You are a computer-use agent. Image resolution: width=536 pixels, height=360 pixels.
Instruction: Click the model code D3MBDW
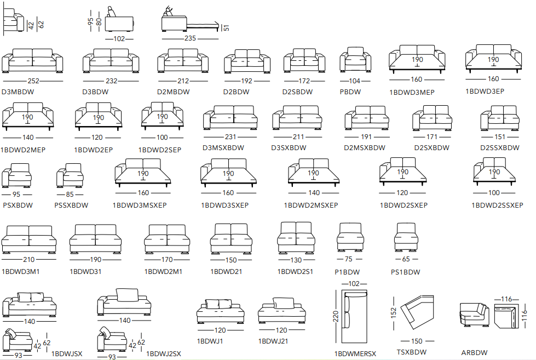pyautogui.click(x=18, y=92)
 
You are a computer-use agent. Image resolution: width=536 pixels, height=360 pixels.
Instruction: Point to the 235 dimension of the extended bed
pyautogui.click(x=190, y=38)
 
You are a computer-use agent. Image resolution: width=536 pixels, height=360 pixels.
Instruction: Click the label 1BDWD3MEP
pyautogui.click(x=412, y=93)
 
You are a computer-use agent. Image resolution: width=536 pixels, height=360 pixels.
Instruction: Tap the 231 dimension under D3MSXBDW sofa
pyautogui.click(x=230, y=137)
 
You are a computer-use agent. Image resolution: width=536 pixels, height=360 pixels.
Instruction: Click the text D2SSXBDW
pyautogui.click(x=500, y=148)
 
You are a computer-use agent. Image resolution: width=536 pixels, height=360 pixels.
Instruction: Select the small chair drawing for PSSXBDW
pyautogui.click(x=70, y=176)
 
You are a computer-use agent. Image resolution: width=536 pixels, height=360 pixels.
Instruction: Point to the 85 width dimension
pyautogui.click(x=70, y=193)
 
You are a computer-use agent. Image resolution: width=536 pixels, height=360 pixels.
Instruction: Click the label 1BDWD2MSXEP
pyautogui.click(x=310, y=205)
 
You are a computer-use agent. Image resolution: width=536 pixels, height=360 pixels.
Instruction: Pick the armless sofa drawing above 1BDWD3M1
pyautogui.click(x=29, y=239)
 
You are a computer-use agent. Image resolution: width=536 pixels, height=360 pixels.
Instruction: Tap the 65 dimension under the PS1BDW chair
pyautogui.click(x=406, y=260)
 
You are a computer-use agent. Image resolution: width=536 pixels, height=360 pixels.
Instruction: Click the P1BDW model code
pyautogui.click(x=347, y=272)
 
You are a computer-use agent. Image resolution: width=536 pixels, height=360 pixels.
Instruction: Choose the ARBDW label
pyautogui.click(x=474, y=353)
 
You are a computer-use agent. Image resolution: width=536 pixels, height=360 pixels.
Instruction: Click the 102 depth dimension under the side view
pyautogui.click(x=119, y=38)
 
